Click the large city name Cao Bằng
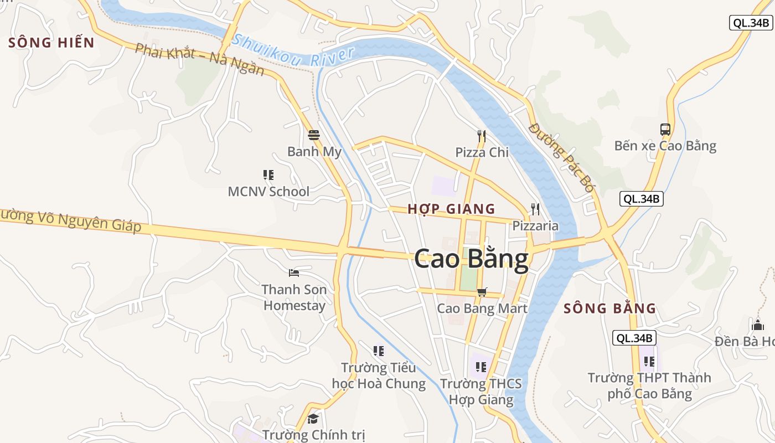click(471, 259)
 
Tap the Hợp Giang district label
click(451, 209)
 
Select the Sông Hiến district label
click(51, 43)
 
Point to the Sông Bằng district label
click(609, 309)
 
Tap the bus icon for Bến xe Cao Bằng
click(665, 130)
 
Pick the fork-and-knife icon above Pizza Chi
click(482, 136)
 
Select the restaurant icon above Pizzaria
click(535, 209)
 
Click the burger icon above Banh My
click(314, 135)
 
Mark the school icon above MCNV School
click(268, 175)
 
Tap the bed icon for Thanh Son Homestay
click(294, 272)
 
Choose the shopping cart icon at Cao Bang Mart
click(482, 292)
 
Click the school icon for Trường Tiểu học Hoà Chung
click(379, 351)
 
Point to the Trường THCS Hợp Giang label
click(480, 392)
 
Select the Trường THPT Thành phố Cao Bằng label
click(649, 386)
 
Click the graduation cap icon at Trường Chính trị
click(313, 419)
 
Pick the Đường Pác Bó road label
click(561, 157)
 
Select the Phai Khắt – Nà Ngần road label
click(200, 60)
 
